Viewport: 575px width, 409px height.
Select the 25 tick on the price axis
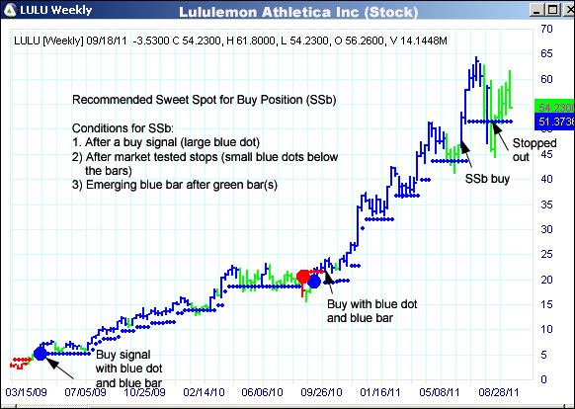[x=545, y=254]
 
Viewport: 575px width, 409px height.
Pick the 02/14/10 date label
[x=204, y=391]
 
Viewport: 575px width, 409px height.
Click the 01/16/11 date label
[x=381, y=391]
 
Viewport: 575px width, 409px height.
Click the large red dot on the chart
[x=304, y=277]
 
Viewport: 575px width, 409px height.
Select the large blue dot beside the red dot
[x=315, y=282]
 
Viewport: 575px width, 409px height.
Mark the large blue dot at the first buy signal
[x=41, y=353]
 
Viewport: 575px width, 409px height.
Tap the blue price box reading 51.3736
[x=552, y=122]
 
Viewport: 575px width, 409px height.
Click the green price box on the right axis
[x=552, y=106]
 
